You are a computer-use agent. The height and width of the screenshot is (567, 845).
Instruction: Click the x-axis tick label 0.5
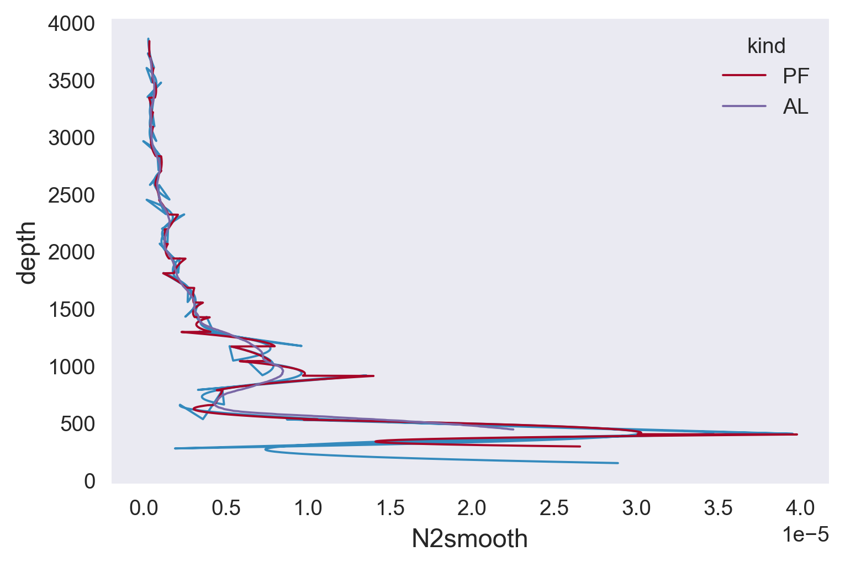226,508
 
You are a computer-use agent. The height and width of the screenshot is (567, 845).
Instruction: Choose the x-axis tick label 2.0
472,508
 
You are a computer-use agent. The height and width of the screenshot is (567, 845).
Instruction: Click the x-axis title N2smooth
469,539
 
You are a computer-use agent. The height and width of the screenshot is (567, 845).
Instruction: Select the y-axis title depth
27,252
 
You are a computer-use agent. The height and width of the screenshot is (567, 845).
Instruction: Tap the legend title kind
766,46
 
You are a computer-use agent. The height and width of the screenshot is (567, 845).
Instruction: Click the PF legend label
796,76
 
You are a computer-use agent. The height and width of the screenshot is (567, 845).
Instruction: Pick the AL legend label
795,107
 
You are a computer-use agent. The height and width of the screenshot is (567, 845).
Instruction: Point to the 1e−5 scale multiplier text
805,534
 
